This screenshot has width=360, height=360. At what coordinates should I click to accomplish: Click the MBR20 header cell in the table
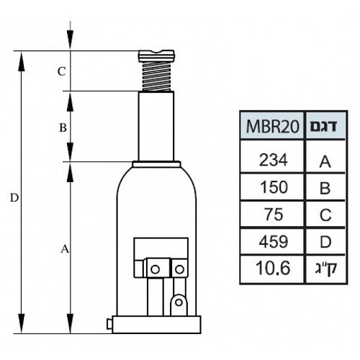click(272, 126)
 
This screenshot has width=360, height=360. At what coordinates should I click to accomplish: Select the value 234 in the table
click(273, 160)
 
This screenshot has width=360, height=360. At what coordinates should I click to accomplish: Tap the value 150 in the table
click(274, 187)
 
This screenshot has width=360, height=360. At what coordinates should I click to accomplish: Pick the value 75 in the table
click(274, 215)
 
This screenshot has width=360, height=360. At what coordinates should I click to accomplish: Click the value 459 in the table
click(274, 241)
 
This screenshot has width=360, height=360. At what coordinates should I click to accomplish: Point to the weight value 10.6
click(273, 268)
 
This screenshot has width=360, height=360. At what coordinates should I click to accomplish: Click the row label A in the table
click(325, 162)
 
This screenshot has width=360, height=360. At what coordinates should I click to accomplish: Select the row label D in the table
click(325, 242)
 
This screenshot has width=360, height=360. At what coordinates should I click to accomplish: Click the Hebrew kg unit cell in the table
click(326, 269)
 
